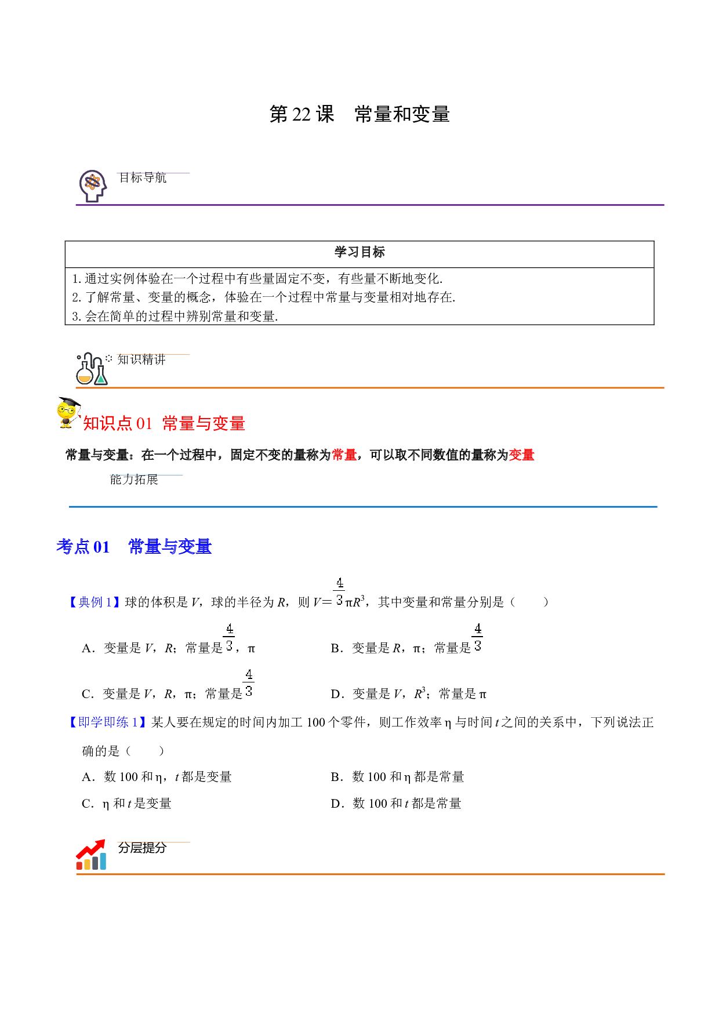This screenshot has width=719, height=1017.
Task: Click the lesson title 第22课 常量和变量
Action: (359, 114)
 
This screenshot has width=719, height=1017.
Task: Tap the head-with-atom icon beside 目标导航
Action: (93, 186)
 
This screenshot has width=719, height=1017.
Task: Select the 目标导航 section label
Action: (143, 178)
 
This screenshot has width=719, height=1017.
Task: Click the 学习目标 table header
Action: (359, 252)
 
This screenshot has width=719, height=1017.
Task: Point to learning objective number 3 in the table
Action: (175, 316)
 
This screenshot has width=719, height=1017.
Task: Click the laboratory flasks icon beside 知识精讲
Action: (92, 369)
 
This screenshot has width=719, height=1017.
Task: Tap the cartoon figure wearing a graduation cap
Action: (68, 412)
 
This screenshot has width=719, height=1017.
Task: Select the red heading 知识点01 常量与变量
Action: (164, 423)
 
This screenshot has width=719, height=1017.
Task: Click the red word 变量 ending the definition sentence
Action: (521, 455)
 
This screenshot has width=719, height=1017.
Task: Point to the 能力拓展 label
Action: (134, 480)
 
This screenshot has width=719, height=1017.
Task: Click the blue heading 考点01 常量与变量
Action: (134, 547)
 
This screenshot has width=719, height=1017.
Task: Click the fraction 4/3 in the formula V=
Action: (340, 591)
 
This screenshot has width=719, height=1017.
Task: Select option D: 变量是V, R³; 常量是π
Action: (409, 693)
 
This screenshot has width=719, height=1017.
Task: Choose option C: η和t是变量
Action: (126, 804)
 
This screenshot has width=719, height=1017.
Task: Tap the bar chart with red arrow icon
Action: (91, 855)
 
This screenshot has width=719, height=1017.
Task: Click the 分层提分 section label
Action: (142, 848)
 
